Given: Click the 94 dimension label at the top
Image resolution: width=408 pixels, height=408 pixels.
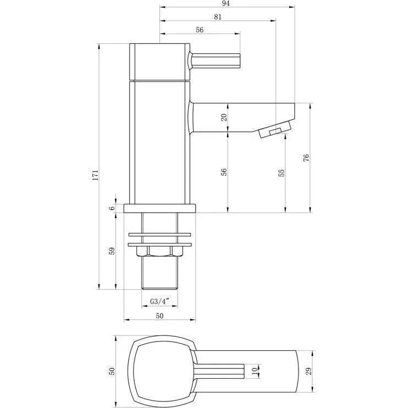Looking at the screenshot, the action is tap(226, 3).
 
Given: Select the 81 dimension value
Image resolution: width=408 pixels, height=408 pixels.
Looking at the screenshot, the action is tap(218, 17).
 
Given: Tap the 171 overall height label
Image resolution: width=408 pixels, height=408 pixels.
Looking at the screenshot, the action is tap(96, 175).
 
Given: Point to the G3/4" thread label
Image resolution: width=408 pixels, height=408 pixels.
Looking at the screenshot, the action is tap(160, 301).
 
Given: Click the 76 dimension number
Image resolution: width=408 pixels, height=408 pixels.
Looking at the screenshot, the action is tap(306, 158).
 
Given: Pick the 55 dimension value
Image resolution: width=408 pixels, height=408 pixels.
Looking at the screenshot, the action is tap(282, 173).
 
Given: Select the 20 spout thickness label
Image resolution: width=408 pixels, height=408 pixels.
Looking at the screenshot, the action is tap(224, 117).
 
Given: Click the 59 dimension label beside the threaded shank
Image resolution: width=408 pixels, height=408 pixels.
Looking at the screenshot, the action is tap(112, 251).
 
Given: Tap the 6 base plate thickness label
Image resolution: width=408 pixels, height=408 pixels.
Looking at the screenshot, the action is tap(112, 208).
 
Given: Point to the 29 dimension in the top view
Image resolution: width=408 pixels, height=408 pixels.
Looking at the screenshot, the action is tap(308, 371).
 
